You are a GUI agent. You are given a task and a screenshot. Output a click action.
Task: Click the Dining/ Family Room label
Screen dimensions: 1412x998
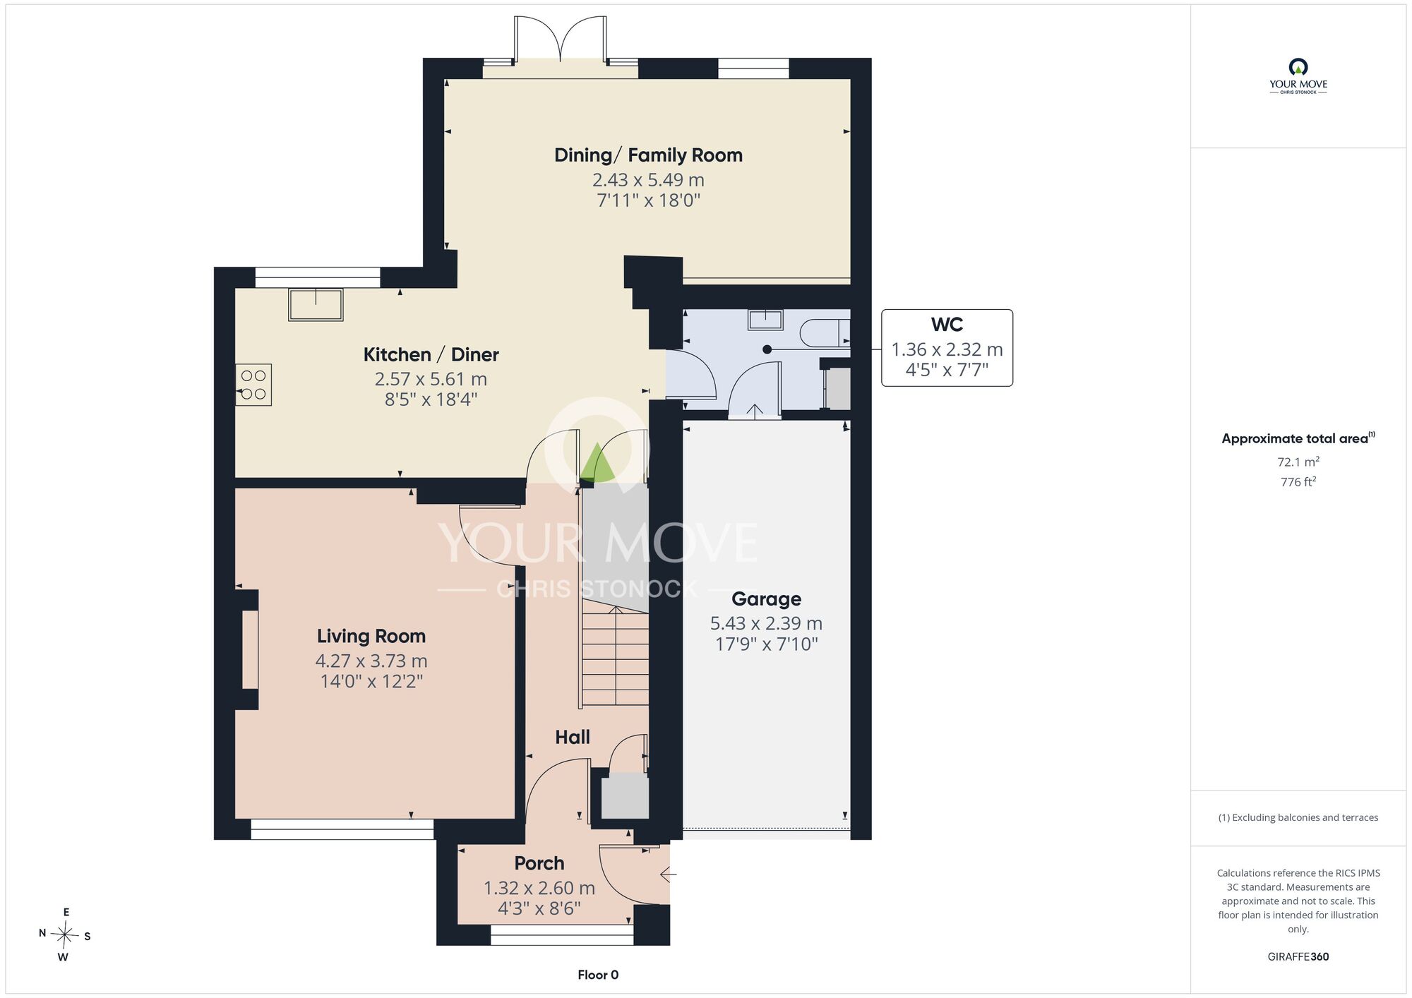click(x=648, y=155)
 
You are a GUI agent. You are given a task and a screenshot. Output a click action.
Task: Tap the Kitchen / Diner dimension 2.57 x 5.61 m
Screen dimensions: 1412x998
click(x=431, y=379)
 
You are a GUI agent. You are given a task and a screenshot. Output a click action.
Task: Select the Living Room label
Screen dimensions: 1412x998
click(x=371, y=636)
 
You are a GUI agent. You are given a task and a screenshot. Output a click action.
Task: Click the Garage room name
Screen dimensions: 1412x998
click(x=766, y=599)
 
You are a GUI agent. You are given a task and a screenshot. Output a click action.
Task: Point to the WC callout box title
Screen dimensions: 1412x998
click(x=947, y=325)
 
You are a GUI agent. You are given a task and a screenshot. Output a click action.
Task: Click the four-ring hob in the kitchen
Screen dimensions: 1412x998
click(x=253, y=385)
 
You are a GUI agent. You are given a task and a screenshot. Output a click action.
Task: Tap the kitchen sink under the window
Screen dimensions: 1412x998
click(x=316, y=304)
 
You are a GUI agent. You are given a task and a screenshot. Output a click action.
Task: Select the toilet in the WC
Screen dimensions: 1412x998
click(x=825, y=332)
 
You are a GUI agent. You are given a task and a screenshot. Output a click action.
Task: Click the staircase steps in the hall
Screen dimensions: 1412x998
click(x=615, y=658)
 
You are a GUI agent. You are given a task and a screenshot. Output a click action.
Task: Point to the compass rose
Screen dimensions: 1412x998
click(x=64, y=935)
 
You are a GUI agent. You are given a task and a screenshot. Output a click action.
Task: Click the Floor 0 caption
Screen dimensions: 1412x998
click(x=598, y=975)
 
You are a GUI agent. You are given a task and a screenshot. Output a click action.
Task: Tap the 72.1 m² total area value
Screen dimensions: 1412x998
click(x=1298, y=462)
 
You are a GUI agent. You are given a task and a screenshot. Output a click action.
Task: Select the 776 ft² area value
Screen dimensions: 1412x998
click(x=1298, y=482)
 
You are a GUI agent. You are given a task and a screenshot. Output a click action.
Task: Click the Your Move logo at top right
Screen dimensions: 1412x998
click(x=1298, y=76)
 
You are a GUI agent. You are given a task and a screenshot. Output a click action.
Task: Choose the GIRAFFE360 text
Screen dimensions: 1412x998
click(x=1298, y=957)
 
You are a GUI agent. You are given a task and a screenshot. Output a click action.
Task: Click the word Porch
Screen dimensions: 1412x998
click(x=539, y=863)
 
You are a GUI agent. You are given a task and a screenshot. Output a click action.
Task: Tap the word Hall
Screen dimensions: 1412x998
click(x=573, y=738)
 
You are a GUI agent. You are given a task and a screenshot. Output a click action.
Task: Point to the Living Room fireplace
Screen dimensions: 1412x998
click(x=247, y=649)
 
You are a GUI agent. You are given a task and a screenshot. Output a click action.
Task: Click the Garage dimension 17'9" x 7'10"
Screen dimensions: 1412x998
click(x=766, y=644)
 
